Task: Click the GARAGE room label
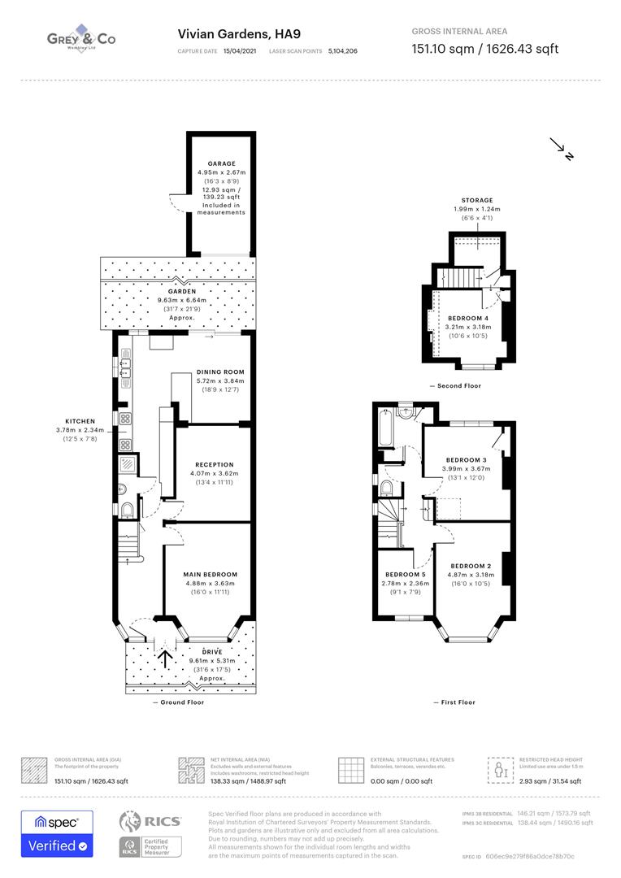[x=221, y=163]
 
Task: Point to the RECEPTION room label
[x=215, y=465]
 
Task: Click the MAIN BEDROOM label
[x=211, y=575]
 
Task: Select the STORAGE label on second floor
[x=477, y=200]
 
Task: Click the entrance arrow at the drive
[x=165, y=657]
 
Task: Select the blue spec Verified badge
[x=57, y=834]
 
